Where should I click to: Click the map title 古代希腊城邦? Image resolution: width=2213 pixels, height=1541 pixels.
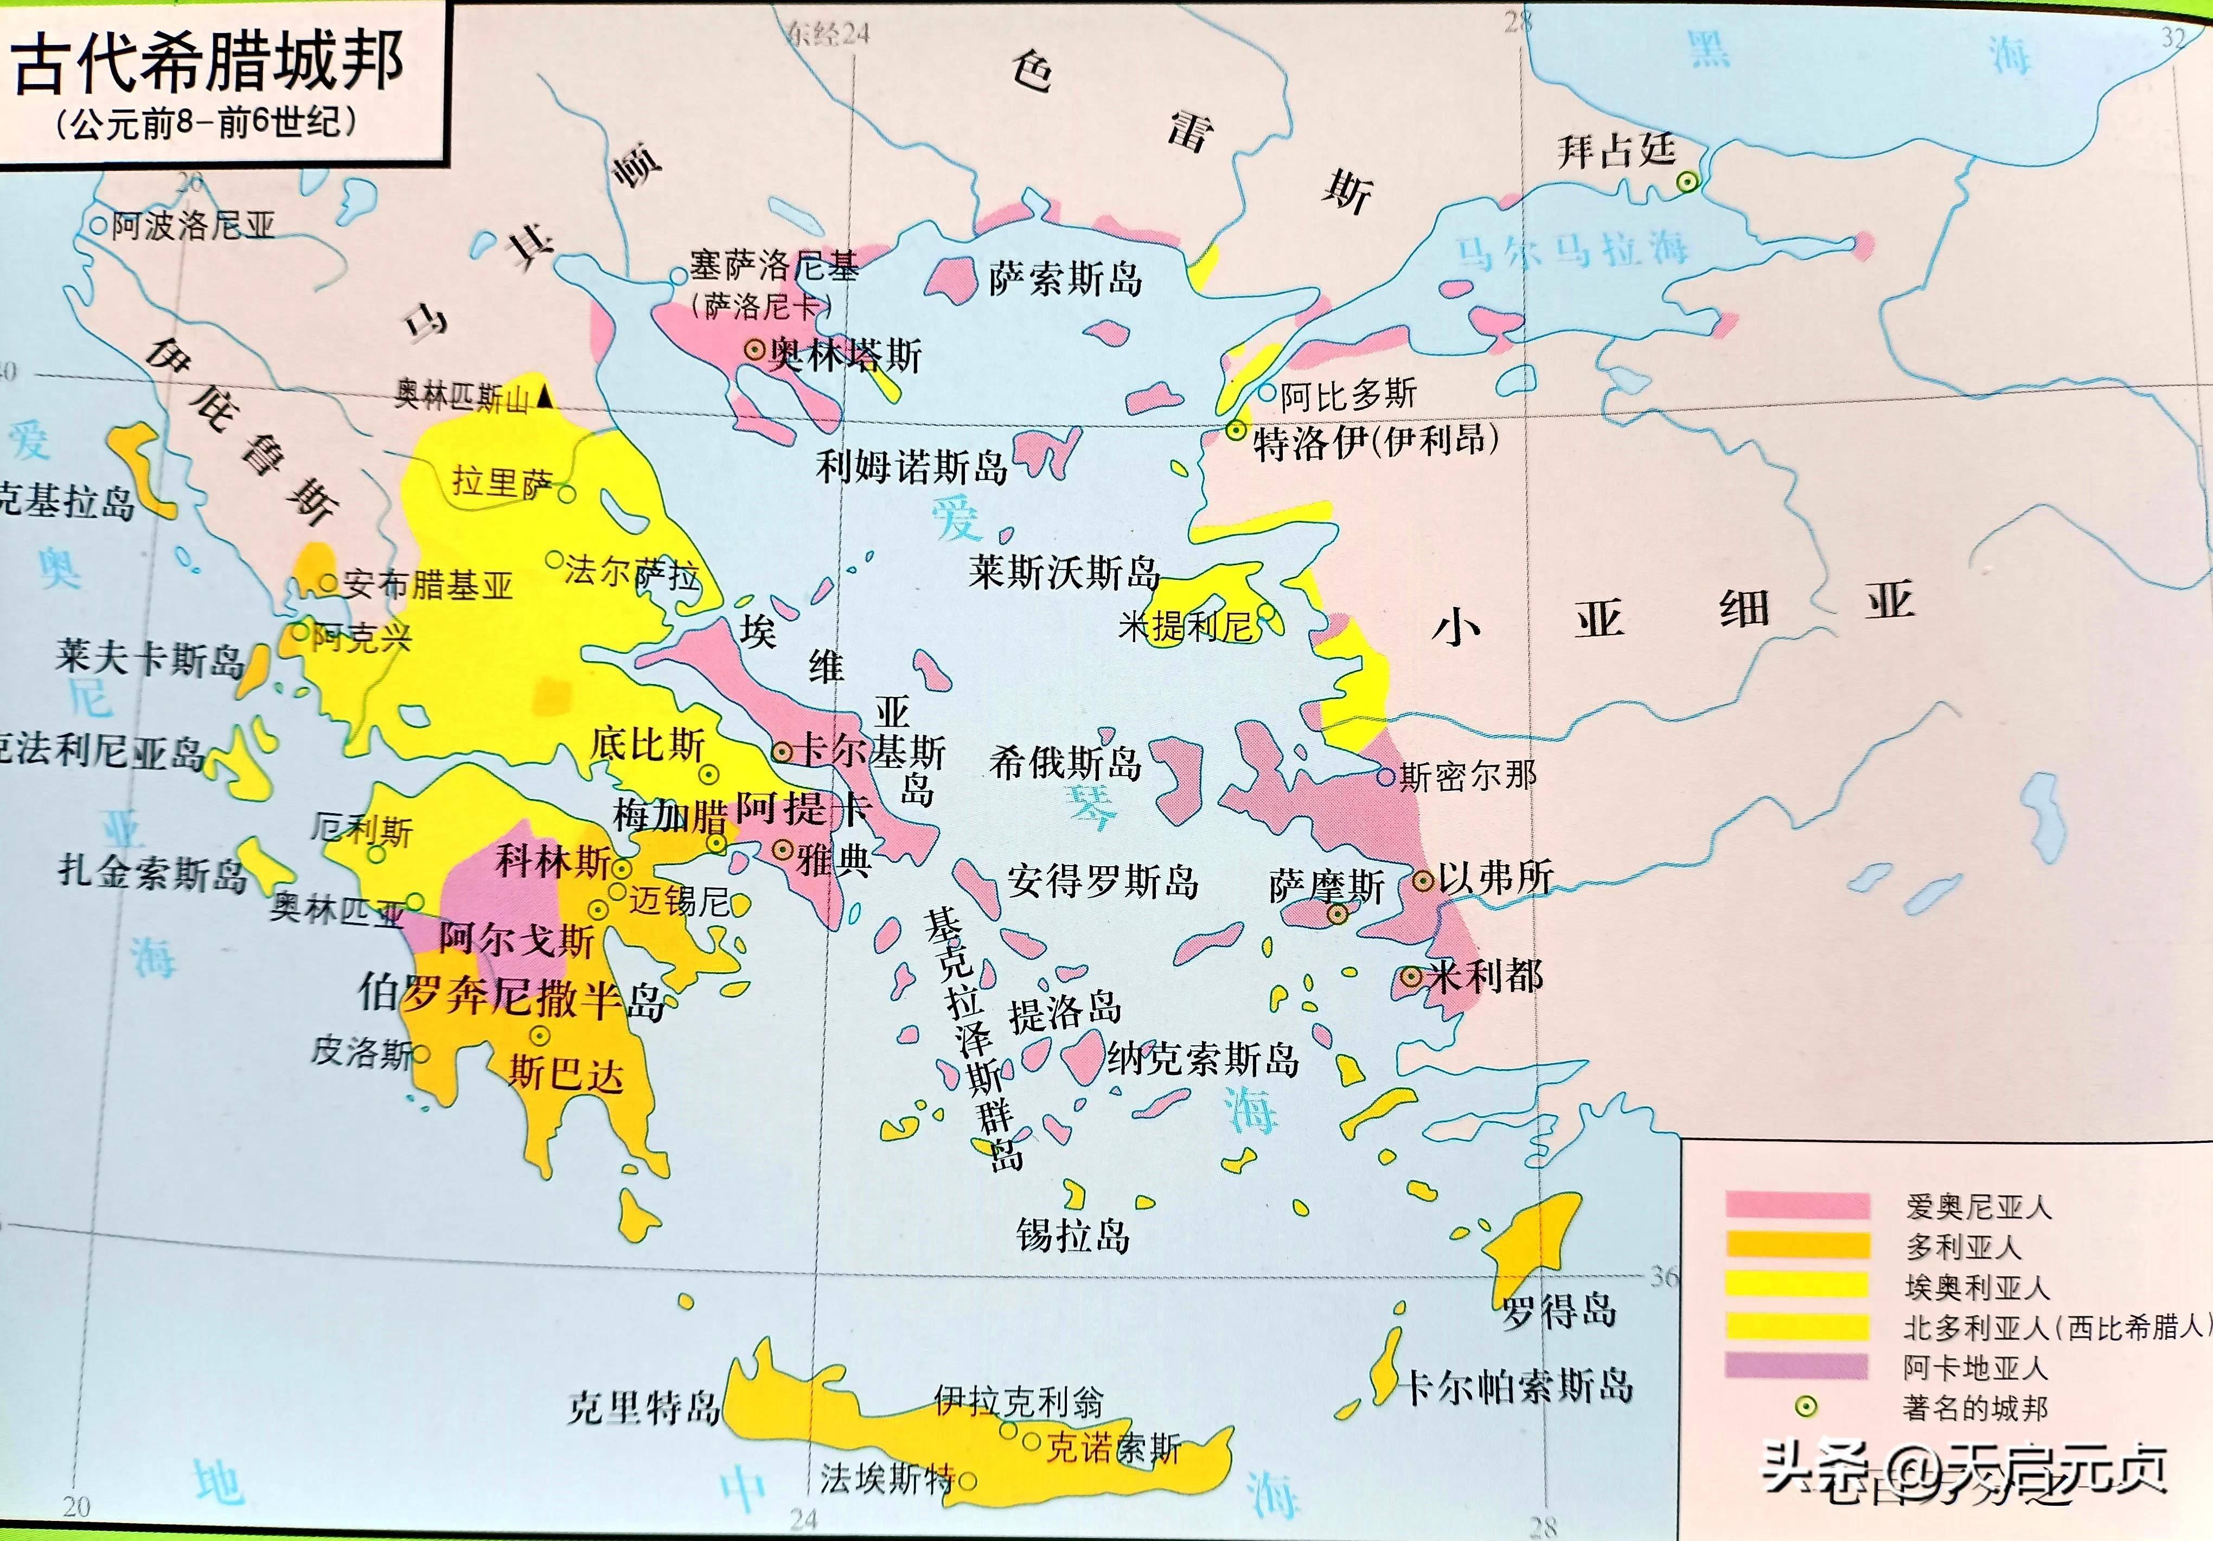tap(207, 62)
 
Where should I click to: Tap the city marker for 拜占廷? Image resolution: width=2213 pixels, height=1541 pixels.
tap(1687, 181)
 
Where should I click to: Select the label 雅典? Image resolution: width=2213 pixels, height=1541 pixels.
tap(834, 858)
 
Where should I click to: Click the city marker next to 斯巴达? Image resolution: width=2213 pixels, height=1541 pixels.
tap(540, 1036)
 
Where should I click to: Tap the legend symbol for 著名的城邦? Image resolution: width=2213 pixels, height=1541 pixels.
tap(1805, 1407)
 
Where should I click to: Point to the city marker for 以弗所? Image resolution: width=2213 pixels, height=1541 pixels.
tap(1423, 880)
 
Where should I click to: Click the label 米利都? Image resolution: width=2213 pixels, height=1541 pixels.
tap(1485, 976)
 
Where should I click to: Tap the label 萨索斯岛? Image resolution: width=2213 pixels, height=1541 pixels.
tap(1065, 279)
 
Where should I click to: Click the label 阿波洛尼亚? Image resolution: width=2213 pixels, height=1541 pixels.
tap(193, 227)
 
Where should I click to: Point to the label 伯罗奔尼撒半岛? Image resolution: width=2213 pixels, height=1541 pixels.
tap(511, 998)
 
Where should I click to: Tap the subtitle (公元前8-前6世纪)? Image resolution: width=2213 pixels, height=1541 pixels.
tap(207, 123)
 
